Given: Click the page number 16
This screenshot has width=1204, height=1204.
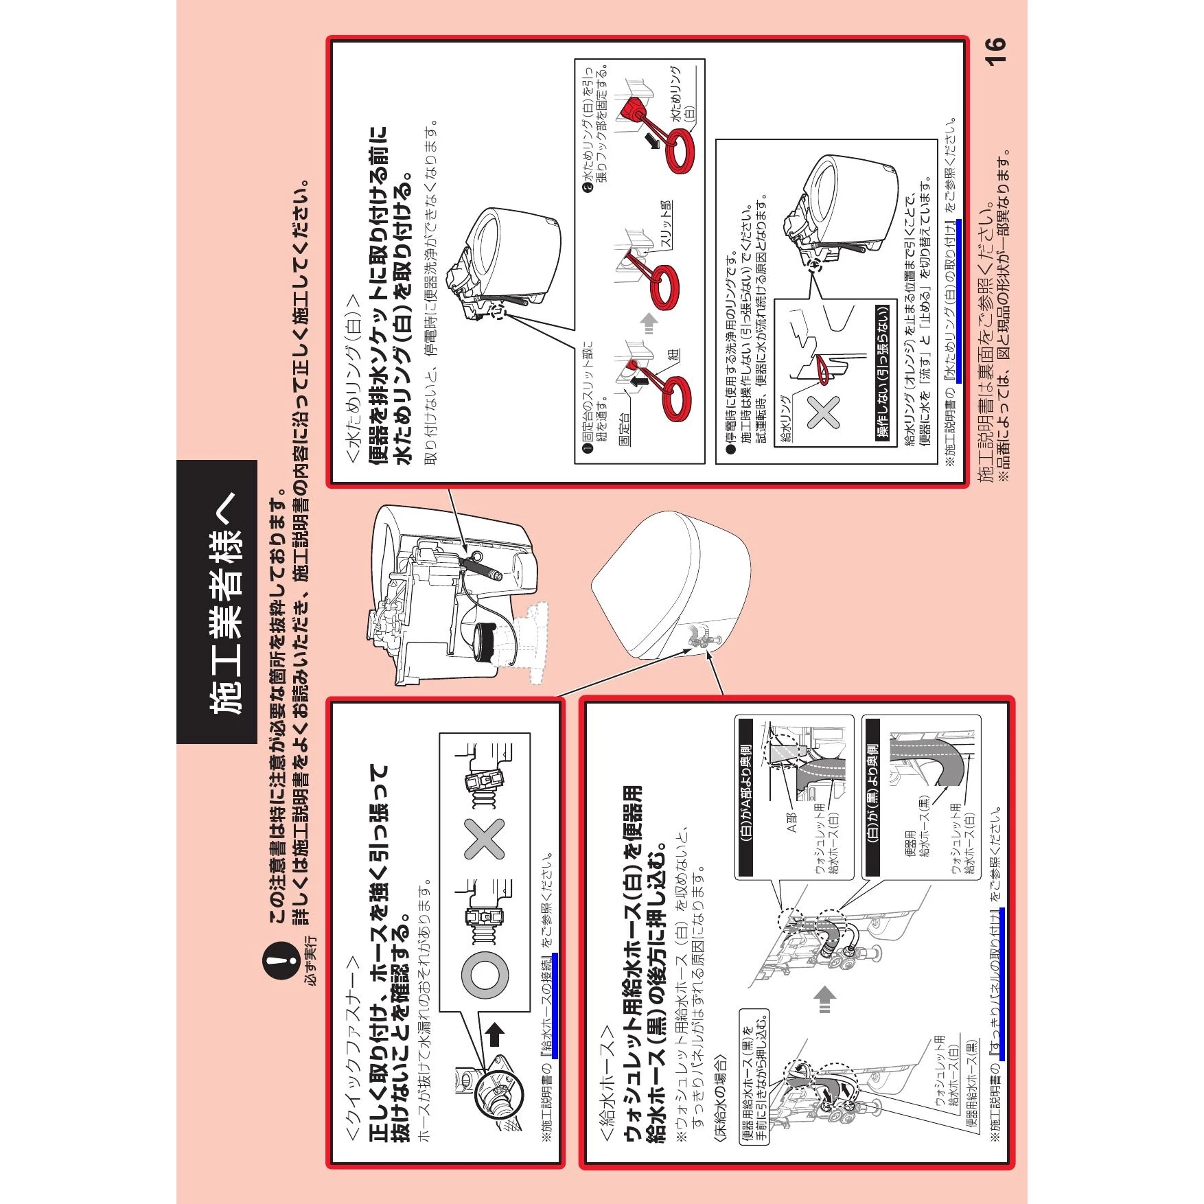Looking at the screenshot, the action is pyautogui.click(x=995, y=51).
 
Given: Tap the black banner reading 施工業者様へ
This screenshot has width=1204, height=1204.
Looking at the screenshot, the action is pyautogui.click(x=217, y=602).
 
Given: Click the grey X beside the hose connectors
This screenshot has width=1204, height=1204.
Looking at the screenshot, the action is pyautogui.click(x=485, y=839).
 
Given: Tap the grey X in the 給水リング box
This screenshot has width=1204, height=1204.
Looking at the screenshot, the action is pyautogui.click(x=823, y=413).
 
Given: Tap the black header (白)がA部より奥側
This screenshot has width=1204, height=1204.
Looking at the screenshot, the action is pyautogui.click(x=746, y=797).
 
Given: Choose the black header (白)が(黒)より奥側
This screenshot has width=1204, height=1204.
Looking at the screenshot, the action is pyautogui.click(x=872, y=797).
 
